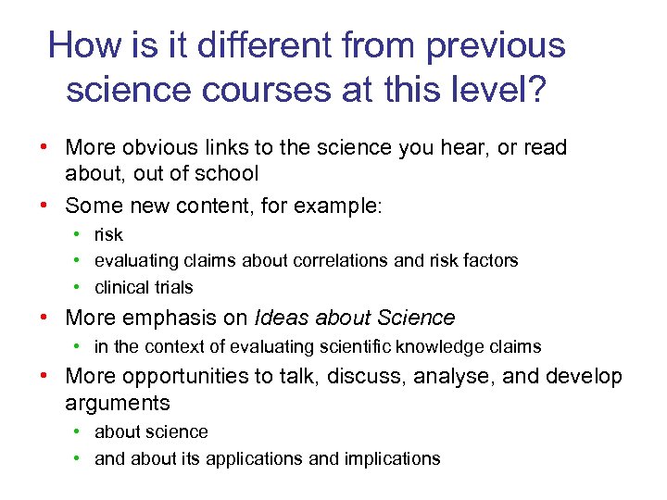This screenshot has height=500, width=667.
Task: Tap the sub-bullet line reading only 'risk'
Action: tap(108, 235)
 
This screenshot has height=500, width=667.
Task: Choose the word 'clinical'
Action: tap(121, 287)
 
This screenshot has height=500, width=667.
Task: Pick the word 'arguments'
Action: tap(118, 403)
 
